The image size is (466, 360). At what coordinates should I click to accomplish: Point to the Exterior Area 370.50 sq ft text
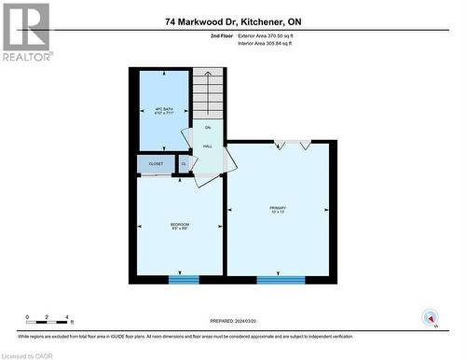click(x=273, y=35)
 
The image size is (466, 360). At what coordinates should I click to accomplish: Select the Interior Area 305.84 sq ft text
click(x=271, y=43)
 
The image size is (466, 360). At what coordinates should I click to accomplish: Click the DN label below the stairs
click(x=208, y=128)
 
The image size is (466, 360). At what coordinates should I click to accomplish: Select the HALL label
click(x=208, y=145)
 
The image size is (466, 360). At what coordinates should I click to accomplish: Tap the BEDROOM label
click(x=180, y=224)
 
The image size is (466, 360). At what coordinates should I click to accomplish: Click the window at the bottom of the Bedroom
click(x=183, y=278)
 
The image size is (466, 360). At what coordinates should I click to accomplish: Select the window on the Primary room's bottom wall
click(x=281, y=278)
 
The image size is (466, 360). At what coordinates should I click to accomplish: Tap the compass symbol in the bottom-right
click(x=431, y=317)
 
